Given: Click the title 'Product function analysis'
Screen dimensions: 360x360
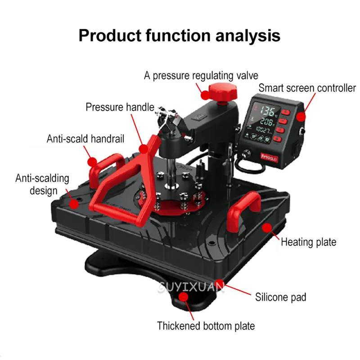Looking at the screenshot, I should coord(180,35).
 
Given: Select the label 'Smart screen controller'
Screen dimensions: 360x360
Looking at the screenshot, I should coord(307,88).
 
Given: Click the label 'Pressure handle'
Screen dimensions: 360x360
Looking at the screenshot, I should coord(120,107).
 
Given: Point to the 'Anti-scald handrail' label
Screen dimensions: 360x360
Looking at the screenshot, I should coord(85,138).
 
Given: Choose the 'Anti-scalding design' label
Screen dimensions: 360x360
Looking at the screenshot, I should coord(43,184).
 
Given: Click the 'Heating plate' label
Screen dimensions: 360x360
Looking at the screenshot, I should coord(308,242).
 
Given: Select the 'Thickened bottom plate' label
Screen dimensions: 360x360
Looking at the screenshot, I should coord(206,326).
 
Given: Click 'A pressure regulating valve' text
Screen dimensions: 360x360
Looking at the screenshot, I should coord(201,75).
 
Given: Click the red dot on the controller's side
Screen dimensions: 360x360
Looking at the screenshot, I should coord(300,118).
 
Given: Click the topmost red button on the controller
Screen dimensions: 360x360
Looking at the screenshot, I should coord(285,110).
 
